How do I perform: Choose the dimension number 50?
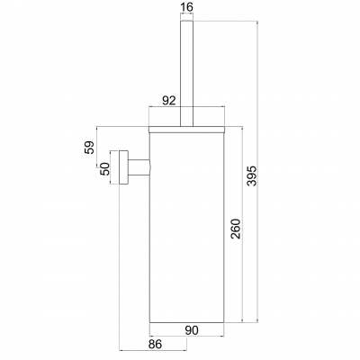(x=103, y=167)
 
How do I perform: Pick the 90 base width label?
(x=191, y=329)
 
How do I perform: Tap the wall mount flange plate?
(x=116, y=167)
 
